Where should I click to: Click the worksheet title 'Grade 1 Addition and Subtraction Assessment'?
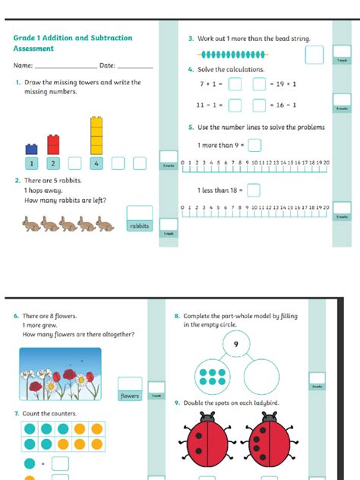pos(72,43)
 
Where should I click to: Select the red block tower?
pos(53,144)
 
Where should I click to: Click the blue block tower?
pos(32,149)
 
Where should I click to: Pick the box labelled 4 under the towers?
pos(96,163)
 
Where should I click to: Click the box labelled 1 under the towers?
pos(32,163)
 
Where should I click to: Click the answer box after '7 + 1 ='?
pos(235,84)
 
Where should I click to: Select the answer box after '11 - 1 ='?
pos(235,106)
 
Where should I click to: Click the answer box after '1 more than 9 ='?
pos(254,145)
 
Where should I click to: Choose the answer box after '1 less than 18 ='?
pos(254,190)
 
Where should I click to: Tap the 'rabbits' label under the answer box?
pos(139,226)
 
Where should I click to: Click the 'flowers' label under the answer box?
pos(130,396)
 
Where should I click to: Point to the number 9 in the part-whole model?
pos(236,344)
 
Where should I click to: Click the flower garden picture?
pos(60,375)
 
